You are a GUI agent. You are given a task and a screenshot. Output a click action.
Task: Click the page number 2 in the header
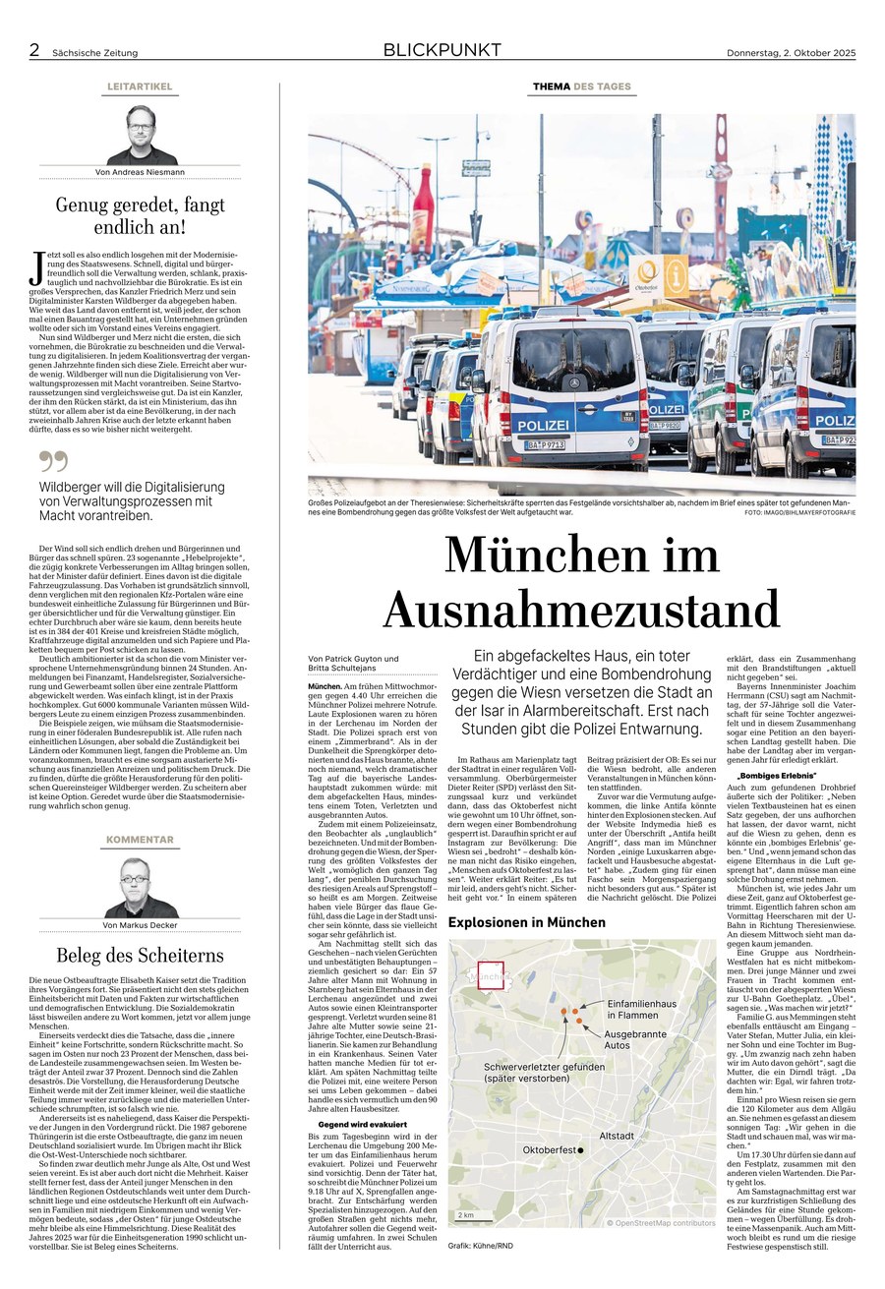[x=34, y=50]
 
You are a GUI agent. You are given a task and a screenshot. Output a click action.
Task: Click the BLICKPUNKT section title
[x=442, y=50]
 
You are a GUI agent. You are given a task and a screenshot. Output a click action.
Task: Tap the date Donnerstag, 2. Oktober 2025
[x=791, y=52]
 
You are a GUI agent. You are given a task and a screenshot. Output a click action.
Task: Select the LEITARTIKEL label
[x=140, y=87]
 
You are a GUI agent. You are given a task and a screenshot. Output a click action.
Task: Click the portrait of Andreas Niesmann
[x=141, y=135]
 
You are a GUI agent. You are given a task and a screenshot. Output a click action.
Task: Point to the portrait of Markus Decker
[x=140, y=888]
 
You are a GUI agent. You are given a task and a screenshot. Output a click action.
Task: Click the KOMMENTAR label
[x=140, y=840]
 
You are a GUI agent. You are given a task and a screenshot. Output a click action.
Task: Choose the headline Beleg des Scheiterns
[x=140, y=955]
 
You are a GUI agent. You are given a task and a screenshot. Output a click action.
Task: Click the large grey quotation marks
[x=53, y=461]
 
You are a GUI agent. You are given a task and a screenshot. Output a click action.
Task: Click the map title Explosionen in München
[x=527, y=922]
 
